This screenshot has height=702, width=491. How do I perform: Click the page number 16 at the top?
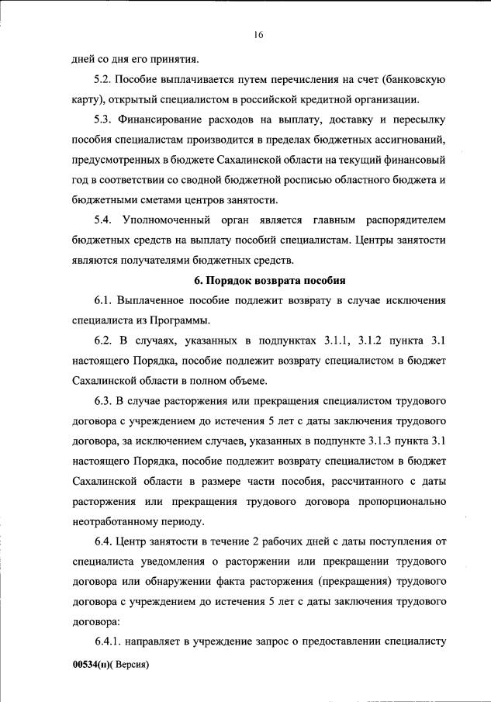[258, 34]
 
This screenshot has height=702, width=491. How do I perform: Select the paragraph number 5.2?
[104, 79]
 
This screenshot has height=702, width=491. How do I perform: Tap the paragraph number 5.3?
[104, 119]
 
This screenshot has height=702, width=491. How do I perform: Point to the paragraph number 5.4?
[104, 220]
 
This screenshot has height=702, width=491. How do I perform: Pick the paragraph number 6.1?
[104, 300]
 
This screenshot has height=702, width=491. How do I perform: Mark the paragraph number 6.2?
[104, 341]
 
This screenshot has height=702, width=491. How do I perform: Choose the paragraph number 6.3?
[104, 401]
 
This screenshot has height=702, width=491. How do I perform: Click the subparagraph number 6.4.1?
[109, 642]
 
